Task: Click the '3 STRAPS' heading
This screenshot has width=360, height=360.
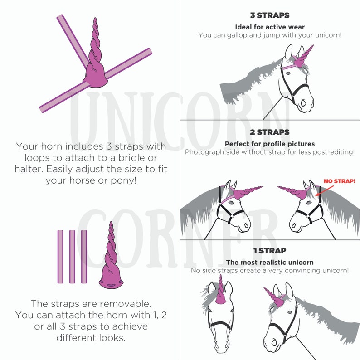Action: (x=270, y=15)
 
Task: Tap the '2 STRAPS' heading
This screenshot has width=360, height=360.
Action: (x=270, y=132)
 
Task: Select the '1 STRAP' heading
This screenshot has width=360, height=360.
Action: (x=270, y=250)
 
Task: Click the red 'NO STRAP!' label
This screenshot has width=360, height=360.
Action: (x=339, y=181)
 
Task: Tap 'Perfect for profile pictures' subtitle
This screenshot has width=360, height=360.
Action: (x=270, y=144)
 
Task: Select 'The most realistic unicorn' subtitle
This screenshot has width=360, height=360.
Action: (x=270, y=262)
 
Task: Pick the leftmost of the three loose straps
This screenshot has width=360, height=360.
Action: (x=60, y=257)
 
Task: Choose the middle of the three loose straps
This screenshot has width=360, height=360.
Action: (x=72, y=257)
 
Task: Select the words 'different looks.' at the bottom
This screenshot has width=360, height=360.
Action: (x=91, y=337)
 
